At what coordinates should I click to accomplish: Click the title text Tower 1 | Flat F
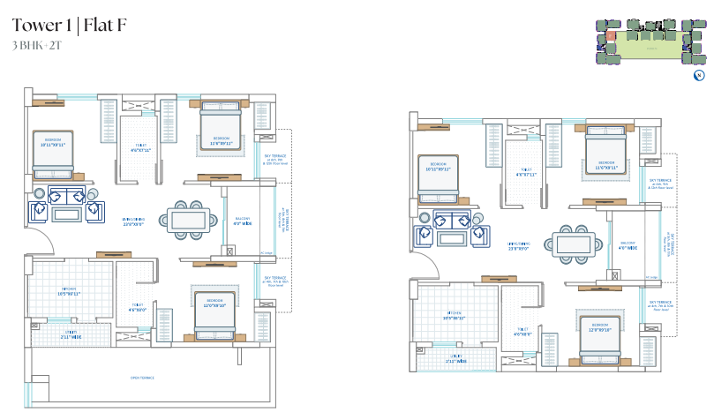(x=69, y=25)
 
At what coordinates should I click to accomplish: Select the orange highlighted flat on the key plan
(x=610, y=36)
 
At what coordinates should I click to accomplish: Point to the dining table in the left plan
(x=186, y=220)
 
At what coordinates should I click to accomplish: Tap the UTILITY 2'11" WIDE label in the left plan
(x=71, y=335)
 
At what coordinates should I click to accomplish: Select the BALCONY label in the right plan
(x=628, y=245)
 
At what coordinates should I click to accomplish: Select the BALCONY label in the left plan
(x=242, y=221)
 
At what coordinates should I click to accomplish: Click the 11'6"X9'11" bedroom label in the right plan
(x=606, y=164)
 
